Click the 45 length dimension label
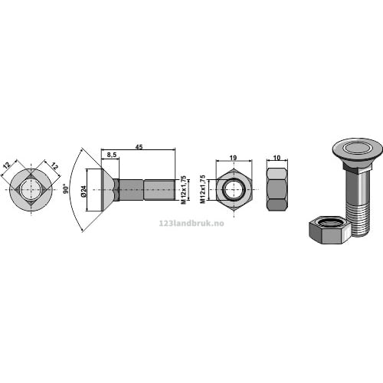pyautogui.click(x=139, y=147)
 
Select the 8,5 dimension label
pyautogui.click(x=112, y=155)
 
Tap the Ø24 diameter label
pyautogui.click(x=83, y=191)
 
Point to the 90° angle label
pyautogui.click(x=66, y=188)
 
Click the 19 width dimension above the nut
pyautogui.click(x=233, y=158)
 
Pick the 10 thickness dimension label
pyautogui.click(x=277, y=158)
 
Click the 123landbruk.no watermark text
pyautogui.click(x=191, y=224)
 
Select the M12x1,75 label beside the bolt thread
pyautogui.click(x=183, y=190)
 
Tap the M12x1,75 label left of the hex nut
pyautogui.click(x=203, y=189)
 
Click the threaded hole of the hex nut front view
pyautogui.click(x=234, y=190)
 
